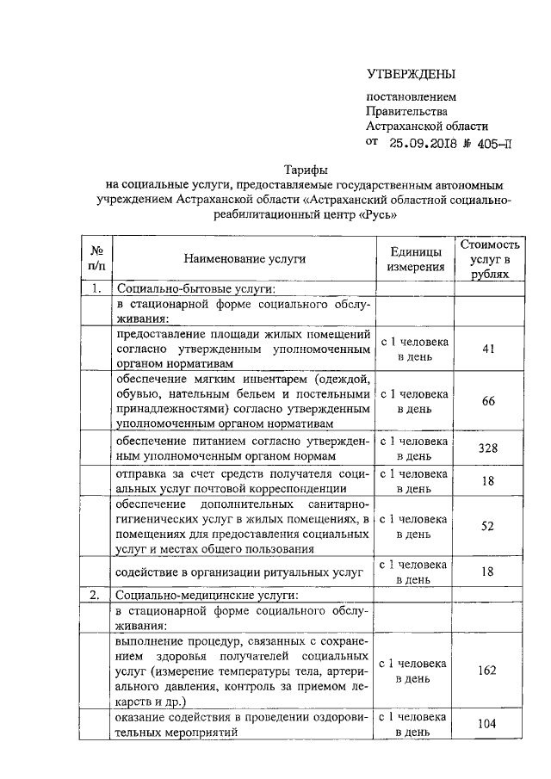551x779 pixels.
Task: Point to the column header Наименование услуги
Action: pyautogui.click(x=245, y=258)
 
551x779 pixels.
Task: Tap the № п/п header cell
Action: pyautogui.click(x=97, y=258)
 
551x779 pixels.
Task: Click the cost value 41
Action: pyautogui.click(x=487, y=349)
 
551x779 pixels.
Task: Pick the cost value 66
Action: pyautogui.click(x=487, y=401)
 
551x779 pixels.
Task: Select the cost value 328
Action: pyautogui.click(x=487, y=448)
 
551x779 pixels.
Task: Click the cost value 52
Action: pyautogui.click(x=487, y=526)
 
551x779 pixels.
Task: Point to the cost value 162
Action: pyautogui.click(x=487, y=671)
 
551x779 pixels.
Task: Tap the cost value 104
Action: pyautogui.click(x=487, y=724)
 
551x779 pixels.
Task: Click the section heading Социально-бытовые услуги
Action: pyautogui.click(x=195, y=288)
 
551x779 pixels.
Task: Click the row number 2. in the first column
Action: pyautogui.click(x=97, y=595)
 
